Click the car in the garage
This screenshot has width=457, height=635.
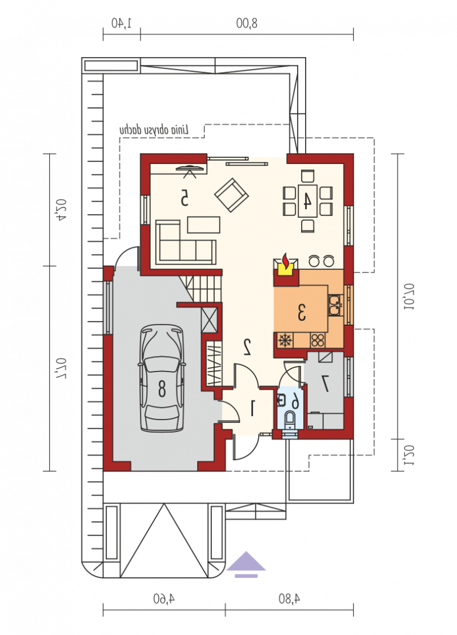pos(162,378)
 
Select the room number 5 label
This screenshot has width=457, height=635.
pos(184,197)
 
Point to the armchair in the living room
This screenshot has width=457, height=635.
pos(231,195)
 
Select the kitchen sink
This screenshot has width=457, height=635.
pos(334,305)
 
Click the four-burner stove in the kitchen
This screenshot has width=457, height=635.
pos(318,340)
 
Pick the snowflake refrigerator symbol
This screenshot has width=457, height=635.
pos(286,340)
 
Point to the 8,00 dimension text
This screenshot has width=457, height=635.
pos(247,23)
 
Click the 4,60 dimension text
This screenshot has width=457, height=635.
pos(164,598)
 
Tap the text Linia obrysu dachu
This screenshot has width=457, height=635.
pos(154,130)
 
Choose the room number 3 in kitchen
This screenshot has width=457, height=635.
pos(302,313)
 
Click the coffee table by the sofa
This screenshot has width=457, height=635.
pos(203,225)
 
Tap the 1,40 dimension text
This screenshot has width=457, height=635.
pos(122,23)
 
